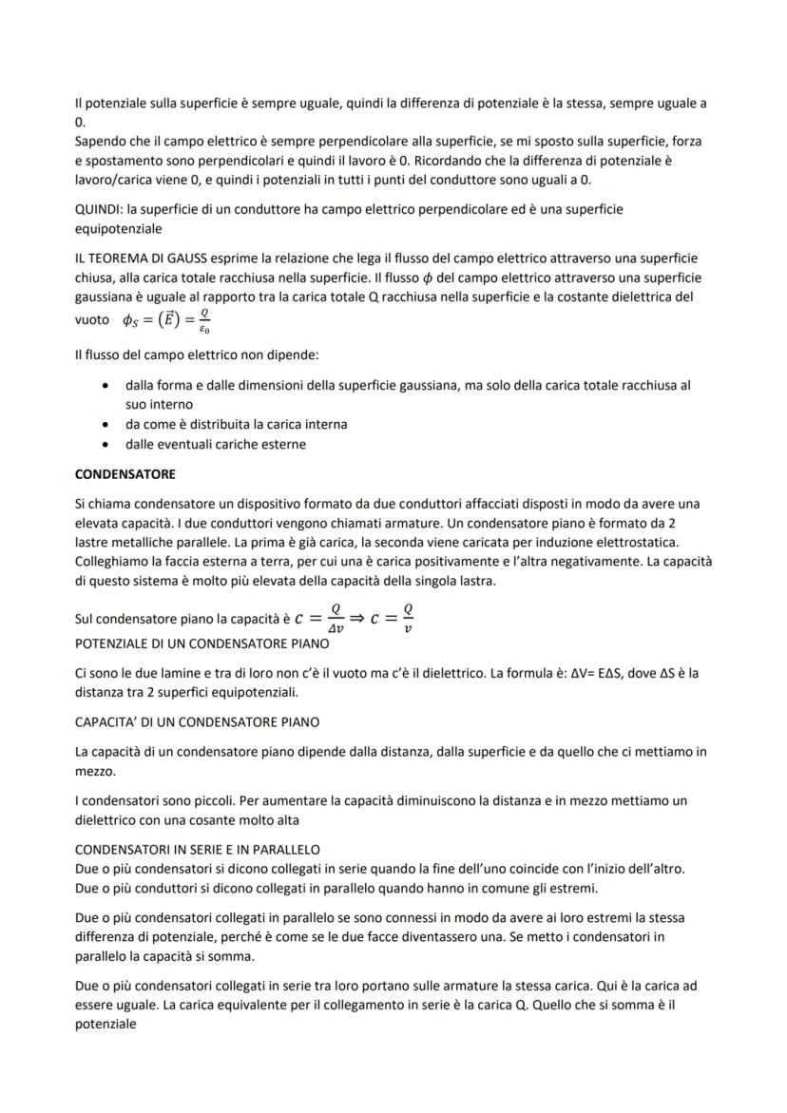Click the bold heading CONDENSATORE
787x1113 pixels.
pos(125,473)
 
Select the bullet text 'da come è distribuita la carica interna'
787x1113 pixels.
pos(236,424)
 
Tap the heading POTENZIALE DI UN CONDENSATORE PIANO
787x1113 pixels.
pos(202,643)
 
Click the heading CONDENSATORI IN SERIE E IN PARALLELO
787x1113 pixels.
pos(197,849)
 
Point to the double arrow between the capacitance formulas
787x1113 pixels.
pos(362,618)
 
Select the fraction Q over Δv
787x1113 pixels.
pos(333,618)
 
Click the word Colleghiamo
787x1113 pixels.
pos(114,561)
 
